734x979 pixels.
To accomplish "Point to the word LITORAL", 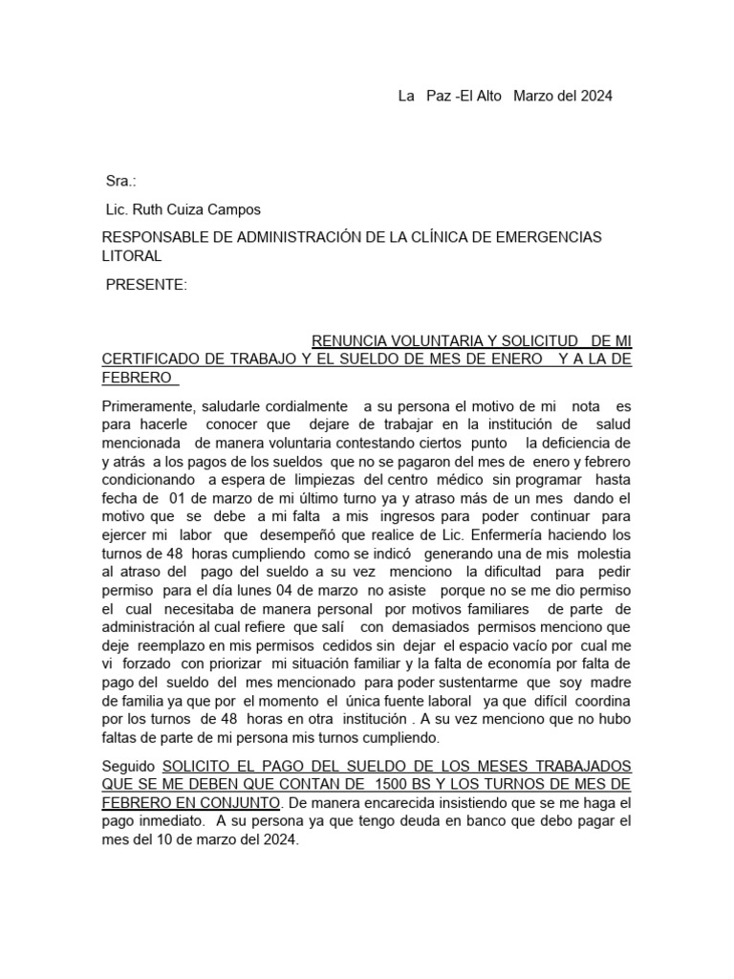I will [x=132, y=256].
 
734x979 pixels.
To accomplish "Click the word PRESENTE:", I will [x=146, y=285].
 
